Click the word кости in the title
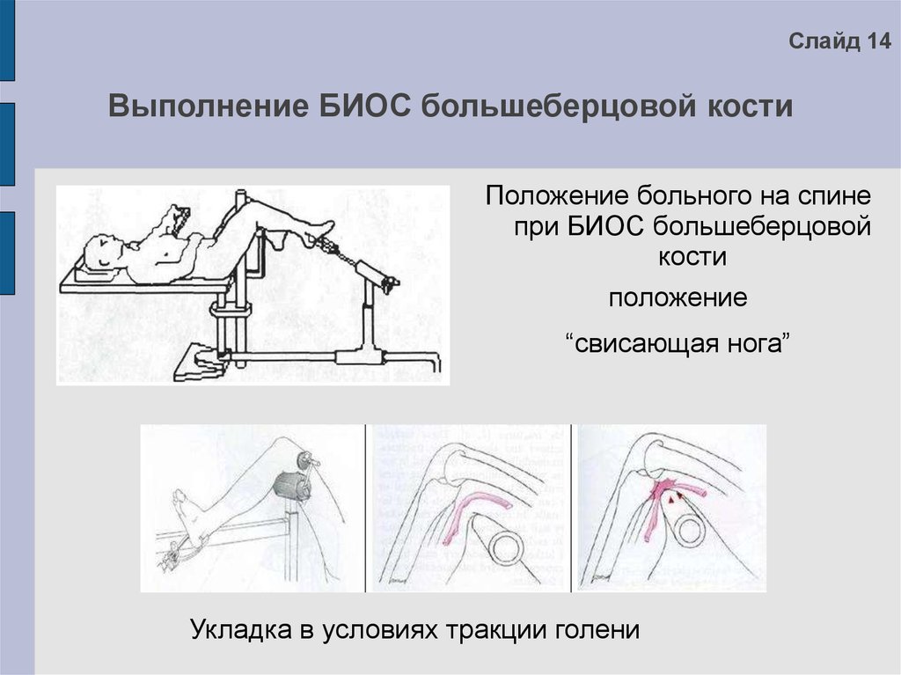750,108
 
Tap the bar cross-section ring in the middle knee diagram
505,547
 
